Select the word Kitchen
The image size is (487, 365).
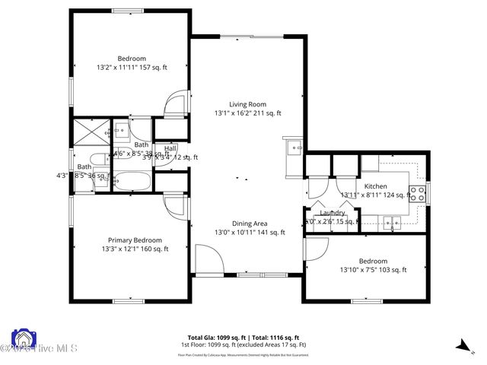coord(375,186)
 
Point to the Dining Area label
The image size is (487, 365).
coord(250,224)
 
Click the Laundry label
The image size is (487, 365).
coord(332,214)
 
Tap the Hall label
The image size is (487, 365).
coord(170,148)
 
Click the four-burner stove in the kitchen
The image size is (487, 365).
coord(417,192)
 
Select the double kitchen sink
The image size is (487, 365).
coord(393,223)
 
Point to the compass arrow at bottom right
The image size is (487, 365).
coord(463,345)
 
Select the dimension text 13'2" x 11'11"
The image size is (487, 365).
coord(132,68)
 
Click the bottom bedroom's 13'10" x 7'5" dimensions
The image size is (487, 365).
coord(373,269)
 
